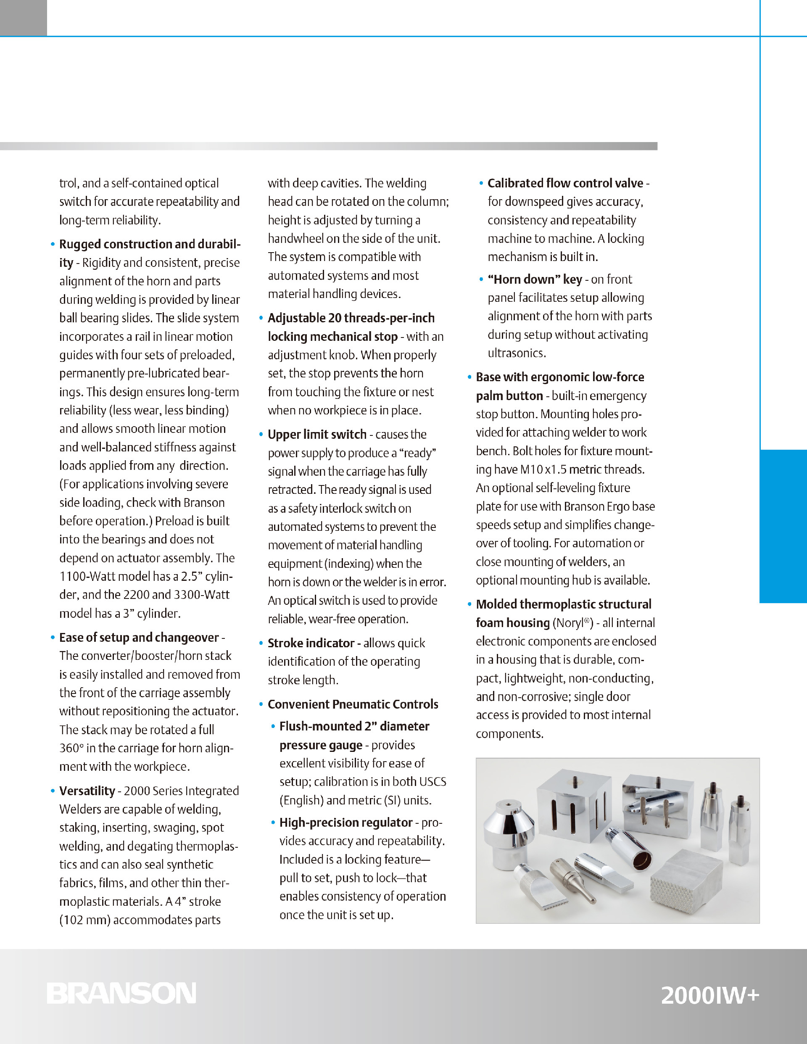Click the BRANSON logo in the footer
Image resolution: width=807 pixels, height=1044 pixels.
(121, 993)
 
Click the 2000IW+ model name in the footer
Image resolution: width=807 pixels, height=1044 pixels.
(709, 995)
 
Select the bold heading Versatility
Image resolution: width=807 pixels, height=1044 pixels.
(87, 791)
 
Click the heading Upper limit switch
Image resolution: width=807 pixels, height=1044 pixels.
(317, 435)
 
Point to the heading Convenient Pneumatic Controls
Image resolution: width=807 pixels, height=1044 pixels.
(353, 704)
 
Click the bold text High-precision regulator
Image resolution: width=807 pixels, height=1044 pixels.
(345, 823)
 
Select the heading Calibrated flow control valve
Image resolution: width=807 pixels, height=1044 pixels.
(565, 183)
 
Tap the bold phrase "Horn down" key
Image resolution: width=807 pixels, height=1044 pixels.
(535, 279)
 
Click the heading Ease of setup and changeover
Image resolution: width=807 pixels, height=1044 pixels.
(139, 637)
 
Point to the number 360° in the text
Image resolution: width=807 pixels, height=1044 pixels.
(71, 748)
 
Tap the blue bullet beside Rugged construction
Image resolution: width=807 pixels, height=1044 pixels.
(53, 244)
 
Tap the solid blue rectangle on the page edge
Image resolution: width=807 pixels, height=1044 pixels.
(783, 526)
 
